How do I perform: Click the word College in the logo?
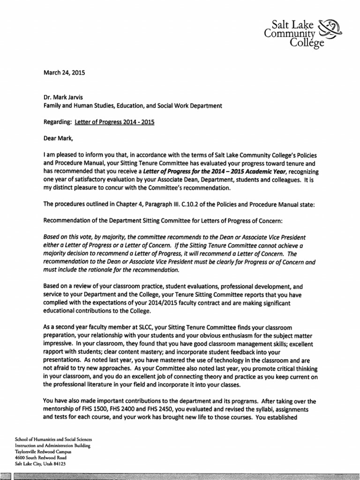(307, 44)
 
